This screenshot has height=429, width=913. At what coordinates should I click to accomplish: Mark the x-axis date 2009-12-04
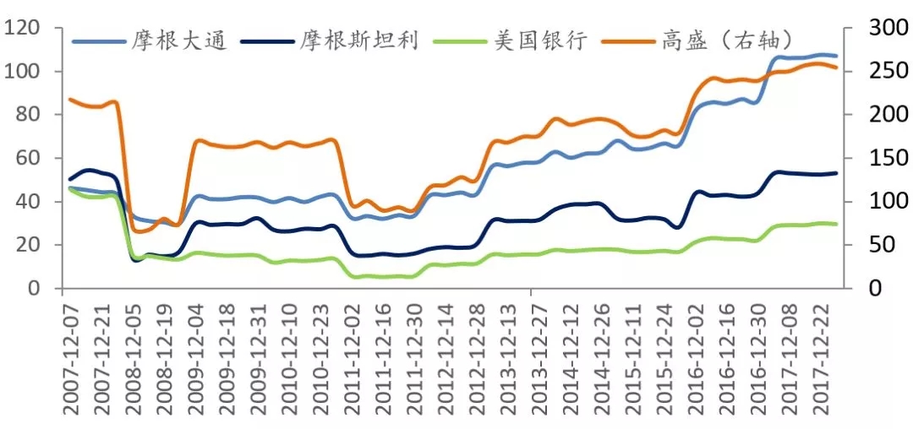(198, 359)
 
